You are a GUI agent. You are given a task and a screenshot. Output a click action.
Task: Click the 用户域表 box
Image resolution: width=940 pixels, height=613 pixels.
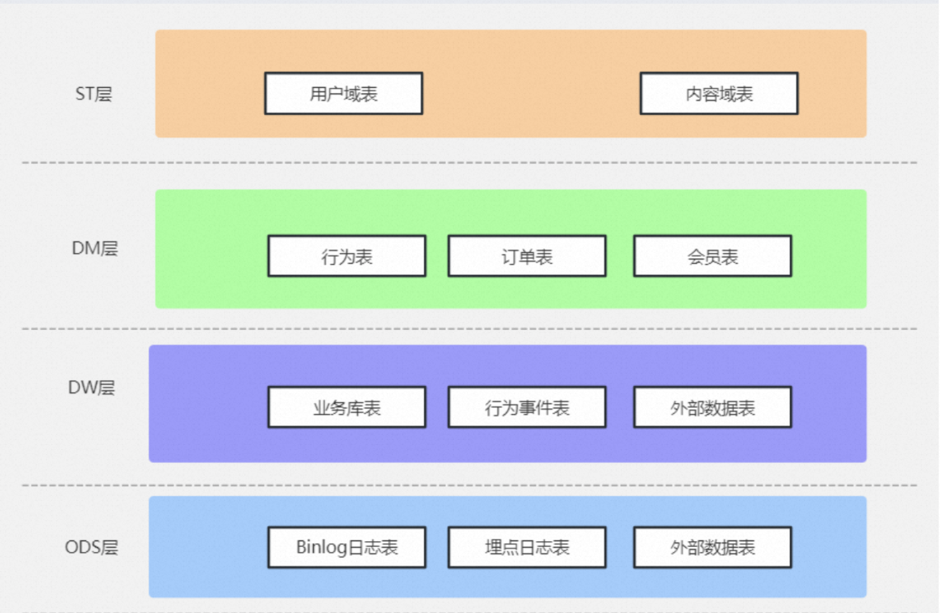tap(343, 93)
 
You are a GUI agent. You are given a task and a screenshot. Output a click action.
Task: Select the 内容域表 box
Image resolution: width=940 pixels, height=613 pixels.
tap(719, 93)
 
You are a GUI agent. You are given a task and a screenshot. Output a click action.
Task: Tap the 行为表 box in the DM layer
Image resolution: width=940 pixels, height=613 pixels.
tap(347, 256)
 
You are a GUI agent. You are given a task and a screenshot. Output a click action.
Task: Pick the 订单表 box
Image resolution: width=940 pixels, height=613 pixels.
tap(527, 256)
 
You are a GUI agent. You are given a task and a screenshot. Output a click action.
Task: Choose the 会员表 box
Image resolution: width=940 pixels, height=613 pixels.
tap(713, 256)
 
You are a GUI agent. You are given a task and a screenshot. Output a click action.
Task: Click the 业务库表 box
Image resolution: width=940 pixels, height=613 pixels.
tap(347, 407)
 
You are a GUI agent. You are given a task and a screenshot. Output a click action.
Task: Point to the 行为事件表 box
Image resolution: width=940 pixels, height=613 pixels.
tap(527, 407)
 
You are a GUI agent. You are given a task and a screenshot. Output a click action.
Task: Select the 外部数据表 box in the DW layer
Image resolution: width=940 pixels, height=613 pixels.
tap(713, 407)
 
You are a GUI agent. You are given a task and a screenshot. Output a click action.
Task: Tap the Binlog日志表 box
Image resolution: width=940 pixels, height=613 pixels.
tap(347, 547)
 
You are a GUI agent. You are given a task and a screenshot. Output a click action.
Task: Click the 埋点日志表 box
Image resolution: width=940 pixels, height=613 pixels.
tap(527, 547)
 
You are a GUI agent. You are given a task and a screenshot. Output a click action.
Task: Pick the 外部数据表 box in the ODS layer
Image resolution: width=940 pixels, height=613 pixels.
tap(713, 547)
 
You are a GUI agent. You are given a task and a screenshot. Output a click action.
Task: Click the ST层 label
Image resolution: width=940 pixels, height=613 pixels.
tap(93, 93)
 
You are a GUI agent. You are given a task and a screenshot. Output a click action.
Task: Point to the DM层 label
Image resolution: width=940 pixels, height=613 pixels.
tap(95, 249)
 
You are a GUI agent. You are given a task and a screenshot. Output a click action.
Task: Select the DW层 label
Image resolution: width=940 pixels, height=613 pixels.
tap(92, 388)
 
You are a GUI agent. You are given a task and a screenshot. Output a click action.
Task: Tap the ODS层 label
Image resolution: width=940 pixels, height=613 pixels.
tap(92, 547)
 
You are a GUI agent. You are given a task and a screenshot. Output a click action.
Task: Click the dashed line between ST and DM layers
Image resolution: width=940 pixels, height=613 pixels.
tap(469, 162)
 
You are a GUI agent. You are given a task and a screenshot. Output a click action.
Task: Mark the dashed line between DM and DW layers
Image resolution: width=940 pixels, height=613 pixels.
tap(469, 329)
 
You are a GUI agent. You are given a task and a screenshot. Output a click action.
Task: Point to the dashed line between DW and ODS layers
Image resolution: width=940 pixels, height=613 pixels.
tap(469, 485)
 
